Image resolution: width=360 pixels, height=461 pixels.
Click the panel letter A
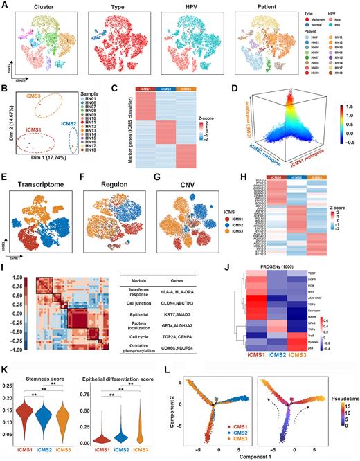pos(5,5)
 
